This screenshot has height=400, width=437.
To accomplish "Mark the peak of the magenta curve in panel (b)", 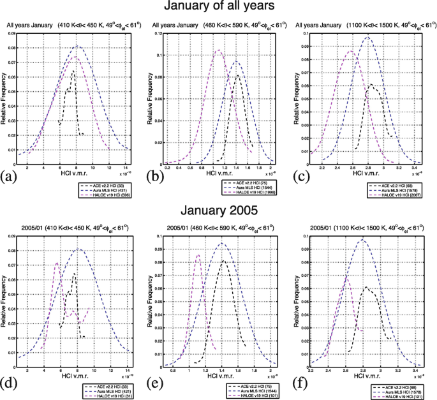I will coord(218,50).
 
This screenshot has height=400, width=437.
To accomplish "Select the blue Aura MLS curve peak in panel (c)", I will coord(367,38).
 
